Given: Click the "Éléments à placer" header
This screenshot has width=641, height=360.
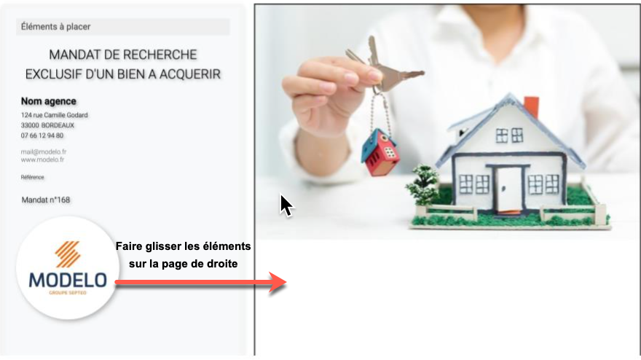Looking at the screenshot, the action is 55,27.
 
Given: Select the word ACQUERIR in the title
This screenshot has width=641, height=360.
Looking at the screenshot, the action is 189,74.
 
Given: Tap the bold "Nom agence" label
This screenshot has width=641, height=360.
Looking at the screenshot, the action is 49,101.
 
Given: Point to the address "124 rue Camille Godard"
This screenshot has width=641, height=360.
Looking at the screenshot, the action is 55,115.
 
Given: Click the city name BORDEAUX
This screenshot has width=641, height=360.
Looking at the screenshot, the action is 58,125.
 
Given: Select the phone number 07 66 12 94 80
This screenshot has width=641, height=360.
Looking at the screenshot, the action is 42,136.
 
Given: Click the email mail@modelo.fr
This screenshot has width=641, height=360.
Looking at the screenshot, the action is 44,152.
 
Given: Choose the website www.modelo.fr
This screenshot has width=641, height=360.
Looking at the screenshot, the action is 42,160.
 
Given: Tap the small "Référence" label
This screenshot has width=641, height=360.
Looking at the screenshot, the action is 32,177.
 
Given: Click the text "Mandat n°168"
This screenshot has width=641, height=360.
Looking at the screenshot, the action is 46,200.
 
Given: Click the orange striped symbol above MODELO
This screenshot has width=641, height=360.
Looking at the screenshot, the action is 68,254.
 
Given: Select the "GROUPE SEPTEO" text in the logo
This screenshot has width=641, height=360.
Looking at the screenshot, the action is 68,293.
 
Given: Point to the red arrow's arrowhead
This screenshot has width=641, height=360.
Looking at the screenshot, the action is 278,282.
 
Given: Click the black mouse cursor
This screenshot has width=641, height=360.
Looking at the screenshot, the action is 286,206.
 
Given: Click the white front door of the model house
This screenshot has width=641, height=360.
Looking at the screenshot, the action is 509,189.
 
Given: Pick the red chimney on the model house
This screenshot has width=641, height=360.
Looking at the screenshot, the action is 532,107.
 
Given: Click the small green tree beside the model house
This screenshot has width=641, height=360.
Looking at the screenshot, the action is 423,184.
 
